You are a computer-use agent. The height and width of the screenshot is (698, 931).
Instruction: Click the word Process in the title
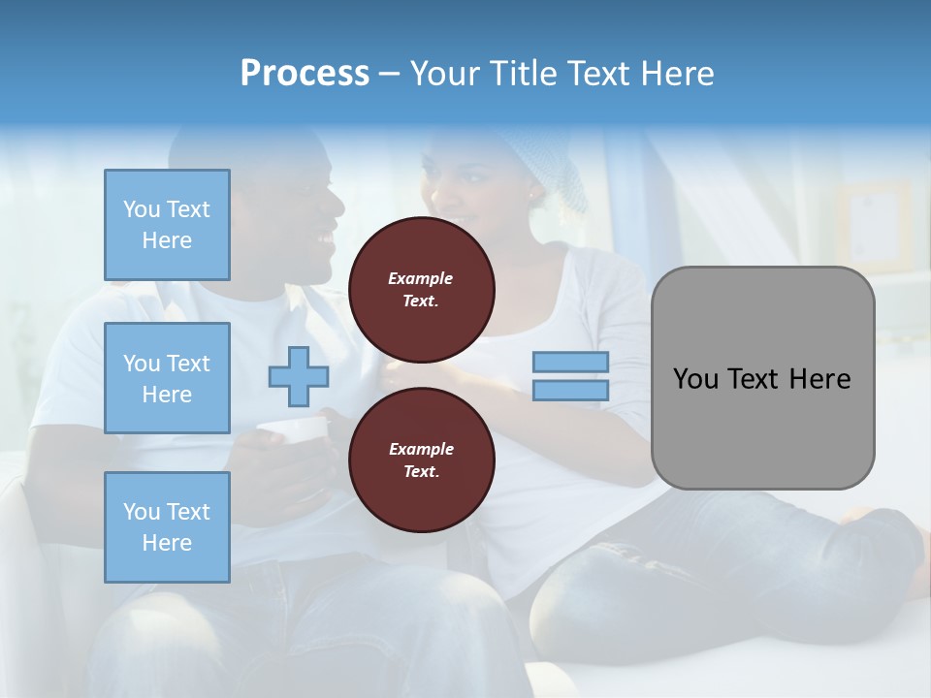305,74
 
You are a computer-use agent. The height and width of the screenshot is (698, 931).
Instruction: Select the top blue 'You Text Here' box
167,225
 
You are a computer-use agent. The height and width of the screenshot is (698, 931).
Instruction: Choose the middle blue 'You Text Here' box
167,378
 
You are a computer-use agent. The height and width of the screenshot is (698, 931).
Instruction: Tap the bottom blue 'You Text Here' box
167,527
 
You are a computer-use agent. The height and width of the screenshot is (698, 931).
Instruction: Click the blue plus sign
298,376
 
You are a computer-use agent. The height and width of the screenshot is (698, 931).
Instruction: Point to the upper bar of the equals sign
570,362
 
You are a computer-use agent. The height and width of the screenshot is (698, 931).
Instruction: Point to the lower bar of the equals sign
570,391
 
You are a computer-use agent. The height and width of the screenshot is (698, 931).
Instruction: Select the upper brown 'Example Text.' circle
421,290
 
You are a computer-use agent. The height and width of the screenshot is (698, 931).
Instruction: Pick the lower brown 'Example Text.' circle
421,460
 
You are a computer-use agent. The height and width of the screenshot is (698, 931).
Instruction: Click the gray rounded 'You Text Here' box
762,378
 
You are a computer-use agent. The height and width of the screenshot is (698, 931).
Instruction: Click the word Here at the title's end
676,74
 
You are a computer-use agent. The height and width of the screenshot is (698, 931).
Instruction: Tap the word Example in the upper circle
421,278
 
